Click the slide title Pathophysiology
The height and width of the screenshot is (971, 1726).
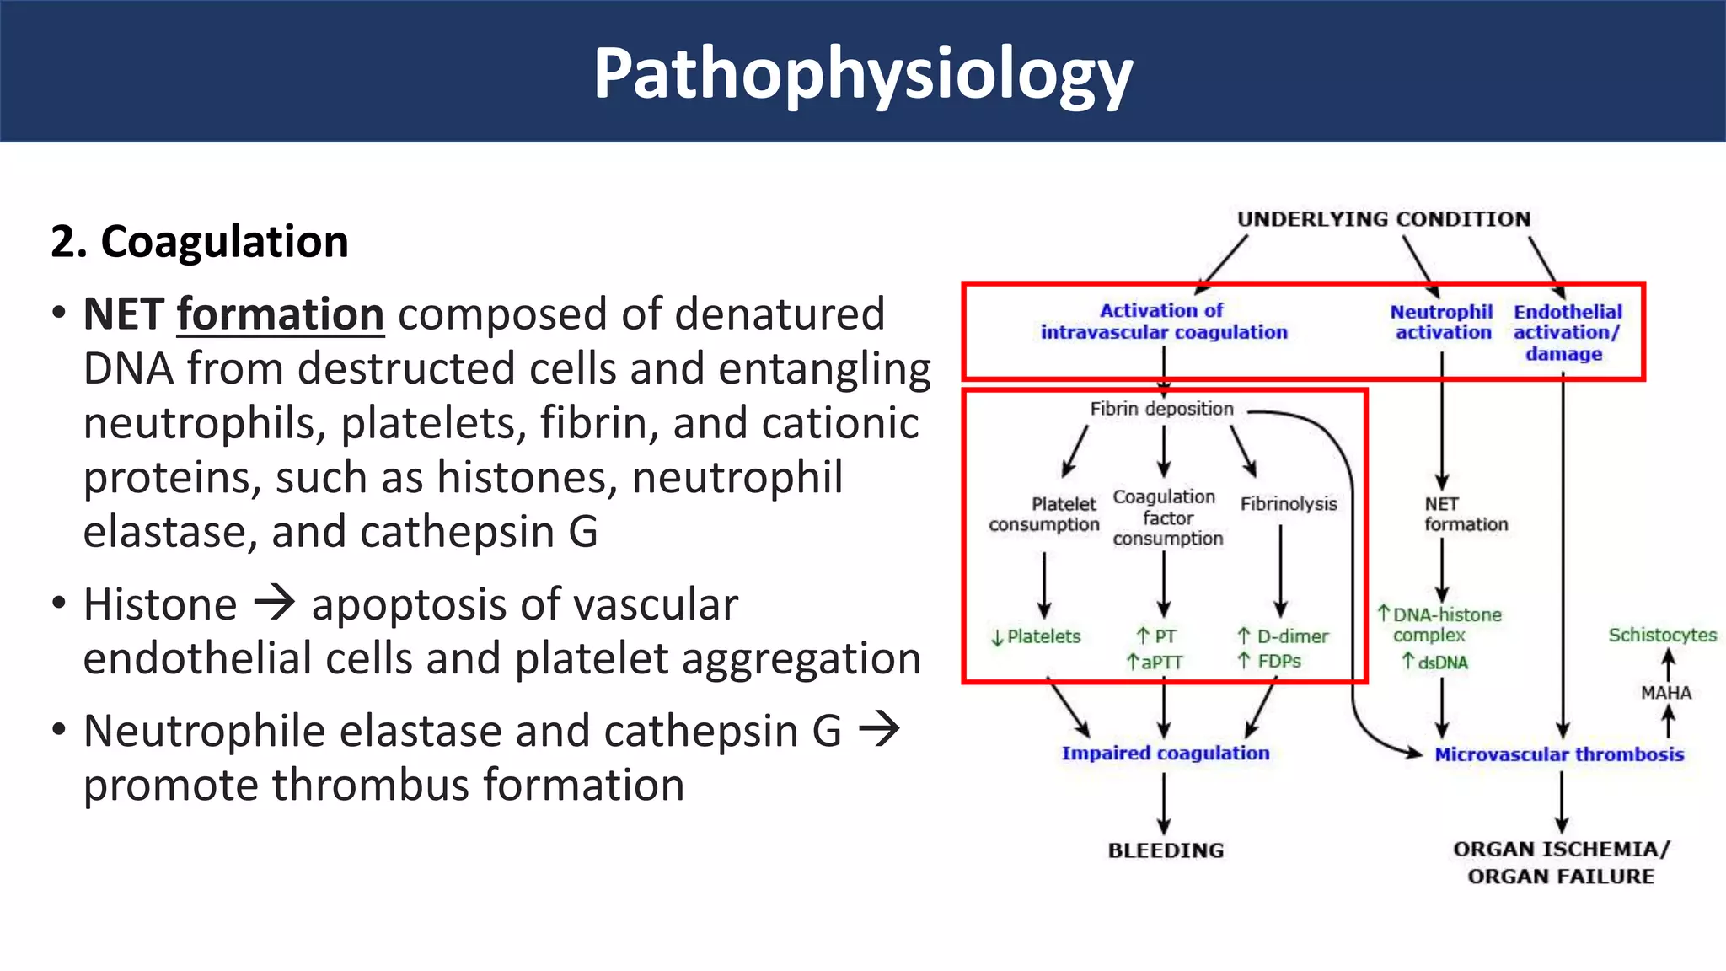[x=863, y=74]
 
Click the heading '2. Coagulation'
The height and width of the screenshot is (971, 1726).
[x=200, y=242]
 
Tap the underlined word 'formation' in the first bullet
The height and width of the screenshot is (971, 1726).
[x=280, y=314]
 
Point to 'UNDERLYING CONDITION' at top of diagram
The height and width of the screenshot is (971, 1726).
[x=1383, y=219]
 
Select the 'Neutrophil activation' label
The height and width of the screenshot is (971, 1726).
[x=1442, y=322]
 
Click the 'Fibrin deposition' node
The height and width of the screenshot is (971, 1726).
[x=1161, y=409]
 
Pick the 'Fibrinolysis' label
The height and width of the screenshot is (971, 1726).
[x=1289, y=504]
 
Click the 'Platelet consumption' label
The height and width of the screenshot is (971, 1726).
[x=1044, y=514]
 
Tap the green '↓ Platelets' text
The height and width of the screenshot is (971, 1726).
[x=1036, y=637]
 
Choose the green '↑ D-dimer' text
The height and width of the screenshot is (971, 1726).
[x=1283, y=636]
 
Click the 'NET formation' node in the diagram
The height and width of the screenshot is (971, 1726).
[x=1465, y=514]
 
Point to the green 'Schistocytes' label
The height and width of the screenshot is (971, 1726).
[x=1662, y=635]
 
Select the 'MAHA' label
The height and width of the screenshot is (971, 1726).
[x=1665, y=693]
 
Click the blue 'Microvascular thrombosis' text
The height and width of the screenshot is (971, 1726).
[x=1559, y=754]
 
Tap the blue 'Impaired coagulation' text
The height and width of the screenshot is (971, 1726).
[x=1166, y=754]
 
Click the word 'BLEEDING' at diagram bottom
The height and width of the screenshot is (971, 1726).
[x=1166, y=850]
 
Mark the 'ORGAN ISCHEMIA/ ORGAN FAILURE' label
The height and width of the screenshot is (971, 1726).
[x=1561, y=862]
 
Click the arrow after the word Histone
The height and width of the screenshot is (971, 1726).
[x=275, y=604]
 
